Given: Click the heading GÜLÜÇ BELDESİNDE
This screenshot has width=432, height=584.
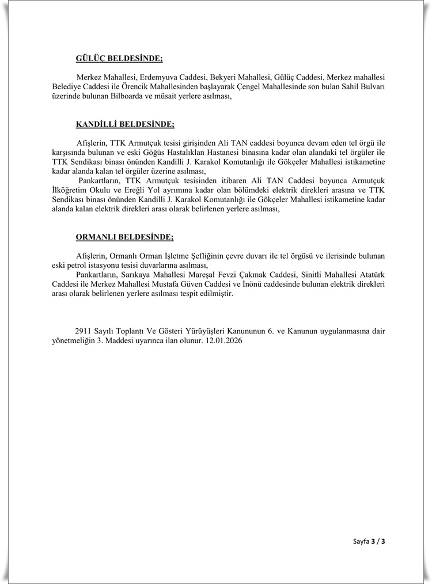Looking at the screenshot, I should click(119, 58).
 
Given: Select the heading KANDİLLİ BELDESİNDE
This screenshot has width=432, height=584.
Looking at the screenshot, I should click(125, 124).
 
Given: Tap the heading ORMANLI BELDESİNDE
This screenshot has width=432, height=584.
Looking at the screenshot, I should click(124, 237).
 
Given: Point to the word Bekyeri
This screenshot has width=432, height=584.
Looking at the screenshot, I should click(225, 77).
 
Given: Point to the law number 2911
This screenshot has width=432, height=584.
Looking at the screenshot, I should click(83, 331).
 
